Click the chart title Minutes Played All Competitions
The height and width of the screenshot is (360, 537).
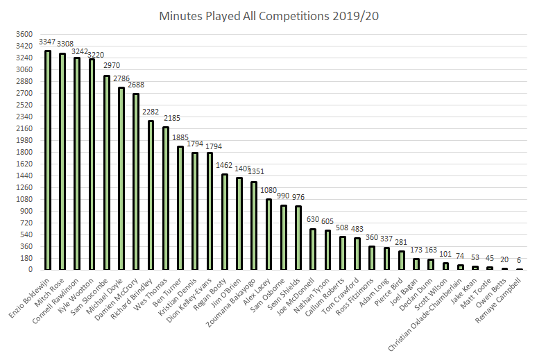pyautogui.click(x=268, y=15)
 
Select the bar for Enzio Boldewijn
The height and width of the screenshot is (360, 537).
pyautogui.click(x=48, y=160)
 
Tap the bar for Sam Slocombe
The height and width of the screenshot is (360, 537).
pyautogui.click(x=107, y=173)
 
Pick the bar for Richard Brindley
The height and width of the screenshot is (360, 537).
pyautogui.click(x=151, y=195)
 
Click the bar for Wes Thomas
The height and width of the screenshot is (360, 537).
pyautogui.click(x=166, y=198)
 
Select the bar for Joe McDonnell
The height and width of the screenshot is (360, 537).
pyautogui.click(x=313, y=249)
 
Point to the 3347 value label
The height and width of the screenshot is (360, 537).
pyautogui.click(x=48, y=43)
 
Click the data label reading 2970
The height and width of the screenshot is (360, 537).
pyautogui.click(x=107, y=68)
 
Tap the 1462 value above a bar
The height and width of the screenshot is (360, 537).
pyautogui.click(x=224, y=166)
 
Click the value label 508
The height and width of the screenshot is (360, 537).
pyautogui.click(x=343, y=229)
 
